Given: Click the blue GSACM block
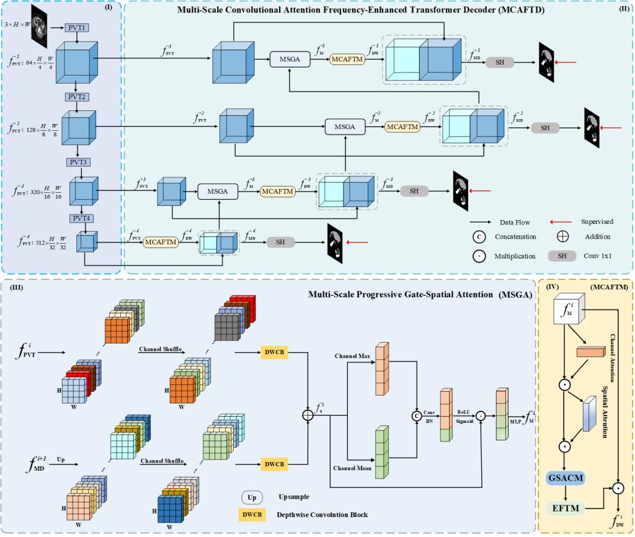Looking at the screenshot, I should [567, 479].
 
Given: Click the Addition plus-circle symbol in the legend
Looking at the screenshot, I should [562, 237].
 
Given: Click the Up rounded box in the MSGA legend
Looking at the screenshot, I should [252, 497].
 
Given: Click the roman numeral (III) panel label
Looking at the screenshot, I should [12, 287].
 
